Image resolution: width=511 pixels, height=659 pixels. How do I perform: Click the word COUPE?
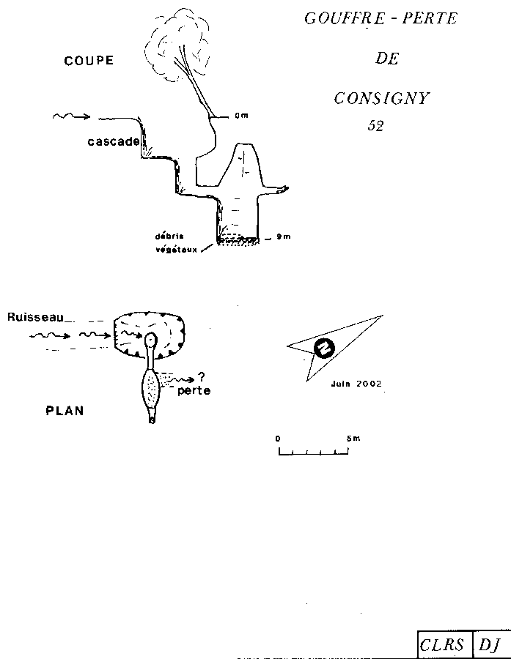(89, 61)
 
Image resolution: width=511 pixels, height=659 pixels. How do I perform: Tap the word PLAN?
(65, 411)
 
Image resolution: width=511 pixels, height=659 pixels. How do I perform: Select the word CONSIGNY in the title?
(381, 98)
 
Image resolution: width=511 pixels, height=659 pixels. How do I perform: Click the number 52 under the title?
(375, 126)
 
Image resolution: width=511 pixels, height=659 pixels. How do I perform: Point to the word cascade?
(113, 141)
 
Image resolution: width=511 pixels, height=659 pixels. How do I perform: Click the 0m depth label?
(242, 116)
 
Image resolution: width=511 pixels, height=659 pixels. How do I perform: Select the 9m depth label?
(283, 237)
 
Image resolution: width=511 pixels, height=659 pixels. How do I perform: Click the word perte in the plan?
(194, 391)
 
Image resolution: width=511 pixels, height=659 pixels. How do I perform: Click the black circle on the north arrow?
(323, 349)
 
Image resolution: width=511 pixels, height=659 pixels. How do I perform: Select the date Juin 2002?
(356, 383)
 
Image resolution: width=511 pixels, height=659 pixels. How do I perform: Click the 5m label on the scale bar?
(354, 439)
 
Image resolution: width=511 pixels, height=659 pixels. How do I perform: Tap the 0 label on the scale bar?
(278, 439)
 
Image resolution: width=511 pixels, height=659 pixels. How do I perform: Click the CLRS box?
(442, 644)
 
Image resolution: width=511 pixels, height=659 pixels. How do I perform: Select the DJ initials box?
(490, 644)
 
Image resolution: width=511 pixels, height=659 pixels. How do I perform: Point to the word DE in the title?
(388, 59)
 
